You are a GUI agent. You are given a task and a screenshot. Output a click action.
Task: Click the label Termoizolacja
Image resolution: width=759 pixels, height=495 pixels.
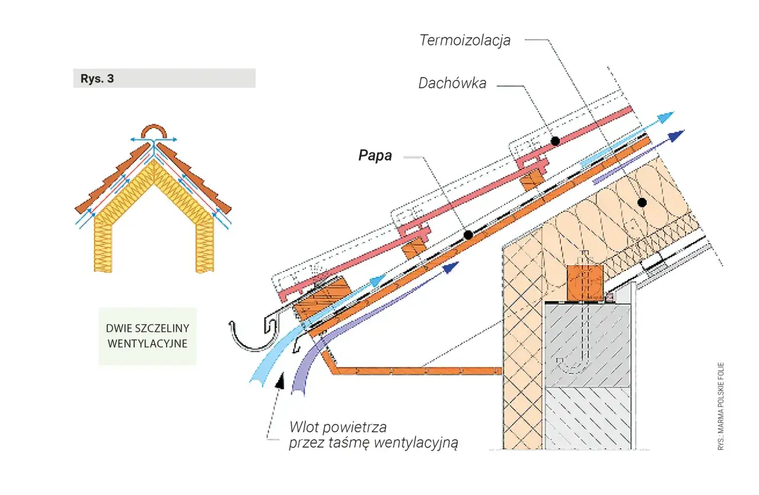(464, 40)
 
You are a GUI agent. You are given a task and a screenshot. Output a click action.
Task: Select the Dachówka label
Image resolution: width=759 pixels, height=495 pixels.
(452, 84)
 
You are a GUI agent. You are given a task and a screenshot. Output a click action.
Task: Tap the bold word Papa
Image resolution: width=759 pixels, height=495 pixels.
(375, 155)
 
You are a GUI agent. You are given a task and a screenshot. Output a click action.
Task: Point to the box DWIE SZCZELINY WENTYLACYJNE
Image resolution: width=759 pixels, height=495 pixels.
(147, 336)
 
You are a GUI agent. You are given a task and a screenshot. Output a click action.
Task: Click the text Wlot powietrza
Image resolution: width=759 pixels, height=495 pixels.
(337, 427)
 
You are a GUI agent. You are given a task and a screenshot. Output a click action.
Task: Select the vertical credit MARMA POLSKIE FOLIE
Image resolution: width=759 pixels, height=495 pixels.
(721, 406)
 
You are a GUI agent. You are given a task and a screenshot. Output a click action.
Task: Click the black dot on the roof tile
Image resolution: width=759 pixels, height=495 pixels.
(555, 141)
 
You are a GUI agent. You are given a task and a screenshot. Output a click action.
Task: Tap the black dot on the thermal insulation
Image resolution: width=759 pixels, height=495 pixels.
(641, 202)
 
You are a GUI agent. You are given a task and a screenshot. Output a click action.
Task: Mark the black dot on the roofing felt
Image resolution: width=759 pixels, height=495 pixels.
(468, 235)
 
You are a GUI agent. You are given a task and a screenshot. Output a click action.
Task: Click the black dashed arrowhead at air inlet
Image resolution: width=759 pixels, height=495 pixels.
(280, 380)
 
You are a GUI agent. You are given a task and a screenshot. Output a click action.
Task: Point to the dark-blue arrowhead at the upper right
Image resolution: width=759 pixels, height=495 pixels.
(677, 135)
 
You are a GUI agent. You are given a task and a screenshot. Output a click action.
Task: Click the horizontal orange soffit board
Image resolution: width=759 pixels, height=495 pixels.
(415, 371)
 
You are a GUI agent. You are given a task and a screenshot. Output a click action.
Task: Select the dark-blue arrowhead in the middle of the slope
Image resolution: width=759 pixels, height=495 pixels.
(451, 269)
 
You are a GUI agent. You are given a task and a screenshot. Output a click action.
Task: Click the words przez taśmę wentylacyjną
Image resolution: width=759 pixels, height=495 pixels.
(374, 443)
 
